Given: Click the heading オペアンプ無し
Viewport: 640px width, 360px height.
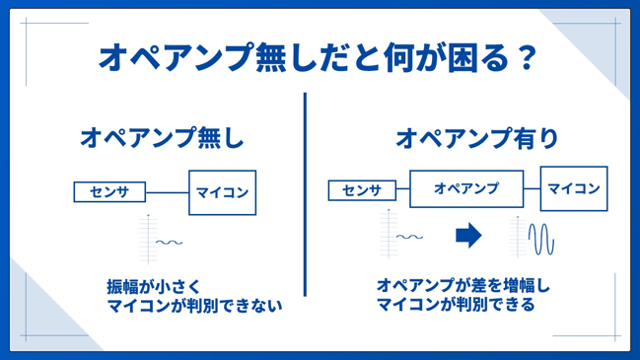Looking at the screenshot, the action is pyautogui.click(x=162, y=137).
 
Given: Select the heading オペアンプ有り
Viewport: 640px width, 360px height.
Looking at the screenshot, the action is pyautogui.click(x=476, y=137).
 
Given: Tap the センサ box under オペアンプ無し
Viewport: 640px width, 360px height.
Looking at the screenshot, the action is pyautogui.click(x=109, y=192).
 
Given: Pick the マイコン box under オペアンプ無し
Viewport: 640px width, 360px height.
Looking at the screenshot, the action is pyautogui.click(x=223, y=192).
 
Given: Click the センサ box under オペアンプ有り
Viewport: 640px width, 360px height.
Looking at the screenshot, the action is pyautogui.click(x=362, y=190).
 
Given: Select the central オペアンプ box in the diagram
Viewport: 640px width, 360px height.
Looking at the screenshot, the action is pyautogui.click(x=466, y=188).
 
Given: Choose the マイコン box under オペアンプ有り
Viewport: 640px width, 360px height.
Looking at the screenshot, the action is pyautogui.click(x=574, y=188).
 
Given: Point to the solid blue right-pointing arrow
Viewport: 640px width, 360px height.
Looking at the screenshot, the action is pyautogui.click(x=468, y=236).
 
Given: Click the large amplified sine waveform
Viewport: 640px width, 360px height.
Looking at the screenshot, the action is pyautogui.click(x=541, y=239).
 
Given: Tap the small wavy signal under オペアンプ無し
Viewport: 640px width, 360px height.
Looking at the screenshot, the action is pyautogui.click(x=169, y=243).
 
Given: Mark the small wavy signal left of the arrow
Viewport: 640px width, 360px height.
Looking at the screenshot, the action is pyautogui.click(x=410, y=237).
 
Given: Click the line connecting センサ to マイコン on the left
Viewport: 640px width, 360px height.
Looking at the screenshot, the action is pyautogui.click(x=167, y=192).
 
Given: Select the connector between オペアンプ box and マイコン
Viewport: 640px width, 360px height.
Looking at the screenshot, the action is pyautogui.click(x=532, y=188).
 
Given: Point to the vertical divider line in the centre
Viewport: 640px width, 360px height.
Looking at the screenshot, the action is pyautogui.click(x=305, y=194).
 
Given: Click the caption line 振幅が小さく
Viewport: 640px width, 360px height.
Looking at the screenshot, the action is pyautogui.click(x=154, y=287).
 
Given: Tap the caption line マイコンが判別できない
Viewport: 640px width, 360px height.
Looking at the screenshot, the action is pyautogui.click(x=194, y=306).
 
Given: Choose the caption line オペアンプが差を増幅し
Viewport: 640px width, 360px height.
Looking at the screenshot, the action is pyautogui.click(x=463, y=285).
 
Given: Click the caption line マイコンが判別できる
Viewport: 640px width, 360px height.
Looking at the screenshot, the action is pyautogui.click(x=456, y=305).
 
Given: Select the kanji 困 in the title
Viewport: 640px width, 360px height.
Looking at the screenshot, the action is pyautogui.click(x=462, y=57).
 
